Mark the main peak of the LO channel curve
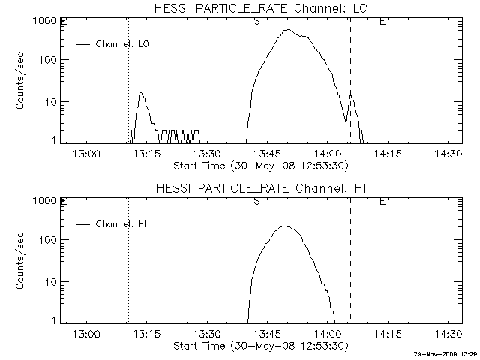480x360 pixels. (288, 30)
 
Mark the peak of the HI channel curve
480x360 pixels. (285, 226)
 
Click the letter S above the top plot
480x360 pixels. (257, 21)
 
